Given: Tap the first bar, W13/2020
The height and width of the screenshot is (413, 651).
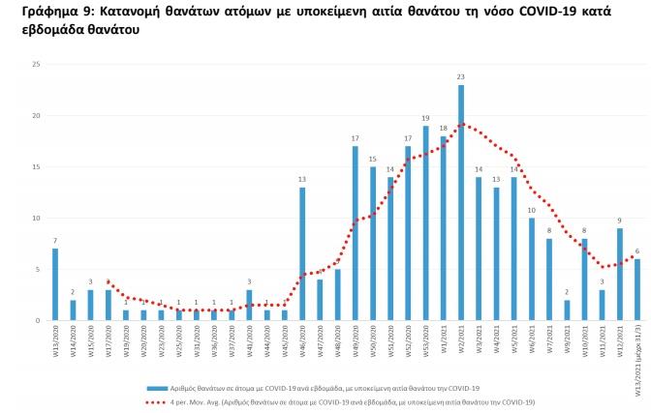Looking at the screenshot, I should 55,284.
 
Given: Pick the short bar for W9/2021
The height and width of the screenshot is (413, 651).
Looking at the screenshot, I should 567,310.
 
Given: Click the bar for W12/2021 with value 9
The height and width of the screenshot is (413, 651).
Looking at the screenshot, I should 619,275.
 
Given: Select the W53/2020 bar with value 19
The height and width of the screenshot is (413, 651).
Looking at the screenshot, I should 425,223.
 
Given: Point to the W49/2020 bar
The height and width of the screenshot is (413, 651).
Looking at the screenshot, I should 356,233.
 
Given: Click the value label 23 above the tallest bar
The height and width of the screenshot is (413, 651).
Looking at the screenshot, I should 461,77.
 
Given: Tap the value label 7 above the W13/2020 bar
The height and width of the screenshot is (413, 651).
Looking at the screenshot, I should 55,241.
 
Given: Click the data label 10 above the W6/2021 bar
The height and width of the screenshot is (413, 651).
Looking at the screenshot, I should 531,210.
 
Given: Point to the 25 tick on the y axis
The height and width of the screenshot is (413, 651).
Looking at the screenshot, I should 36,65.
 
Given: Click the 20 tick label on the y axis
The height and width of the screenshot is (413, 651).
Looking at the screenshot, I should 36,116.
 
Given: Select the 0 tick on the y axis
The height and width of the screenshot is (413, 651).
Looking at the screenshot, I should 38,320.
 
